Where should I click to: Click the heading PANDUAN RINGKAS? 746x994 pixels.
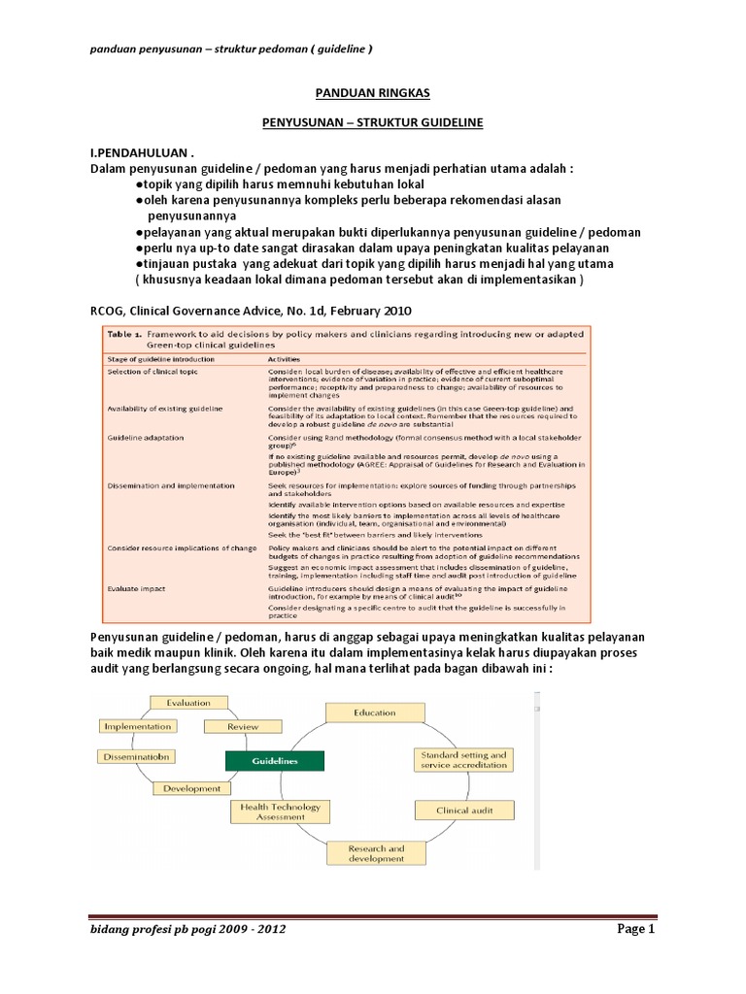373,94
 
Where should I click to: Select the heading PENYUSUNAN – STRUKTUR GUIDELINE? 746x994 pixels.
373,124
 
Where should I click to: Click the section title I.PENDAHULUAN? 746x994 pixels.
135,154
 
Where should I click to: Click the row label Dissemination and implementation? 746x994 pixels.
170,485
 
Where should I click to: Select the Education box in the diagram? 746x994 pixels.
374,713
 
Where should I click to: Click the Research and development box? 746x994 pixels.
376,854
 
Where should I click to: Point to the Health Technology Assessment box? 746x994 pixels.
276,812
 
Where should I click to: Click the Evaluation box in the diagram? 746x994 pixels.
187,702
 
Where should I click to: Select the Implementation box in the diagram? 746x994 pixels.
137,726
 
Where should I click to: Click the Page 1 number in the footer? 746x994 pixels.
637,929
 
